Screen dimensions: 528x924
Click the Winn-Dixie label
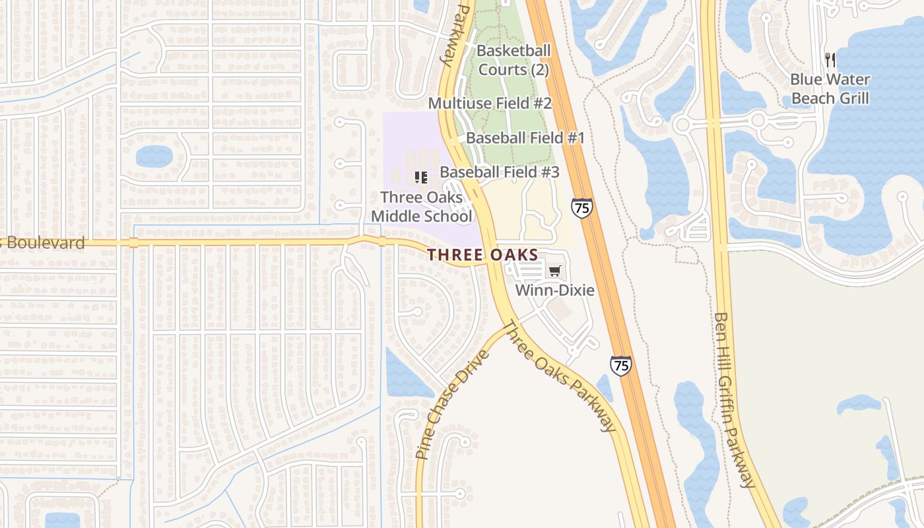[x=554, y=290]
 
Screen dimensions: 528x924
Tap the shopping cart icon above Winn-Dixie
[x=554, y=271]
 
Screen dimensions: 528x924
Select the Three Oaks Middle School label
[x=421, y=207]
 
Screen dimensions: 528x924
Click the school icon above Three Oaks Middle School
[x=420, y=177]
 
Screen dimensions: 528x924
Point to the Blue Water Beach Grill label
[x=830, y=89]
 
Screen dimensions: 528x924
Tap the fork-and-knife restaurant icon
[x=830, y=60]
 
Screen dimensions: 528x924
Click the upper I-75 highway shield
[x=581, y=208]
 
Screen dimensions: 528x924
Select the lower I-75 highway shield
[x=620, y=366]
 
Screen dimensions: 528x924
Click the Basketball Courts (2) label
[x=513, y=60]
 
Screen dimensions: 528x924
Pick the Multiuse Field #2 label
[x=490, y=104]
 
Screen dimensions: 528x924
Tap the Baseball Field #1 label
[x=525, y=138]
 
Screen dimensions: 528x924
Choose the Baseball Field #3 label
[x=500, y=172]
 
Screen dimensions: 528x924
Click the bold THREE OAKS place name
[x=482, y=255]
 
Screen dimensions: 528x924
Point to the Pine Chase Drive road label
[x=452, y=404]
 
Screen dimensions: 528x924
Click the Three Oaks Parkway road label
[x=560, y=376]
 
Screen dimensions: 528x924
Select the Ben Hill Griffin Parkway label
[x=734, y=399]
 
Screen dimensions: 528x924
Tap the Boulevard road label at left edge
[x=43, y=243]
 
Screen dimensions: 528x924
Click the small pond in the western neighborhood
[x=154, y=156]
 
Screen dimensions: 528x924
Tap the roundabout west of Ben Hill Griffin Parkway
[x=682, y=124]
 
